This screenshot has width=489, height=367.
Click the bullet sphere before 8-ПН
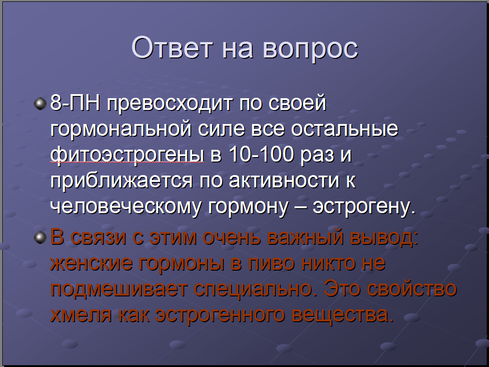click(40, 104)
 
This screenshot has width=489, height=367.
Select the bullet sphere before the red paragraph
click(40, 238)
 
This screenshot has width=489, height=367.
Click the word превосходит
click(170, 104)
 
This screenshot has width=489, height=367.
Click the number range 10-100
click(261, 154)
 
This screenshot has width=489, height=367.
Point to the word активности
click(284, 181)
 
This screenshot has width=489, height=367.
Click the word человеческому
click(125, 207)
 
